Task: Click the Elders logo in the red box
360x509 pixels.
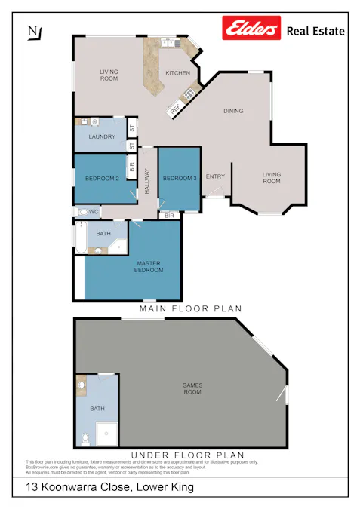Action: pos(250,29)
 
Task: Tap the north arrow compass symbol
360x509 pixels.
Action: pos(34,32)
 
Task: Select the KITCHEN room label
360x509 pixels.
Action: pos(177,73)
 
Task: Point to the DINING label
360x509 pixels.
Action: pos(233,112)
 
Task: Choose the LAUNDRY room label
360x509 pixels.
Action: pos(100,136)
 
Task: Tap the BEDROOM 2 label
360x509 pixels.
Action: pos(101,178)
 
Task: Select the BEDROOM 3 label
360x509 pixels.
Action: pos(179,178)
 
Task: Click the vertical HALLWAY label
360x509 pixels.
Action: pos(147,181)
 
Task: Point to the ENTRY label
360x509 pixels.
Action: pos(215,177)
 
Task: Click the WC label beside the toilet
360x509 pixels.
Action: pos(94,212)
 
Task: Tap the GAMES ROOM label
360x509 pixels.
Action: pos(192,388)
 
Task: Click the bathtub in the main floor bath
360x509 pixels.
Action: pos(80,240)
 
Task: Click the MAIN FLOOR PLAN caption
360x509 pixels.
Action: pos(190,309)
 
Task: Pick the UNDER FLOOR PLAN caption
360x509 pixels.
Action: pos(187,455)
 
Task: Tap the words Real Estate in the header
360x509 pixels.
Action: pos(315,31)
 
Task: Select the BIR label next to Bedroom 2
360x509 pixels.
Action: pos(131,169)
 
